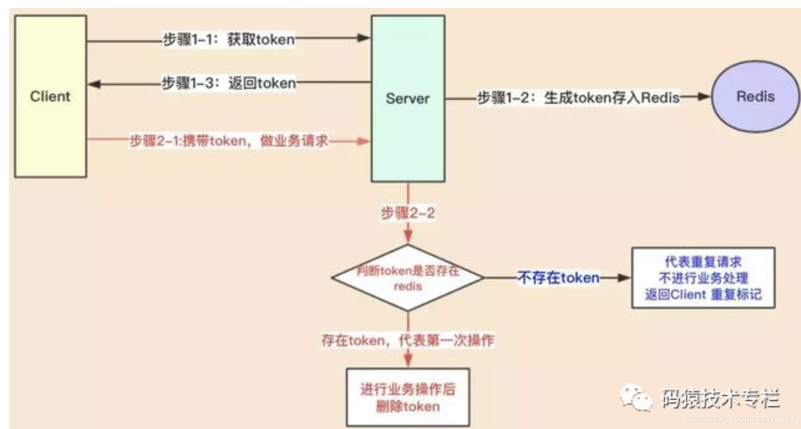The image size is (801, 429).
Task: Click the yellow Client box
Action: point(50,96)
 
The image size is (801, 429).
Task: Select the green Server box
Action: point(407,98)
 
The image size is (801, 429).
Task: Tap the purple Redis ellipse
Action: point(755,96)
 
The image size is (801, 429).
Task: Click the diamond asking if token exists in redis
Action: point(407,278)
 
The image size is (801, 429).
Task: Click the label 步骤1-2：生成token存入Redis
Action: point(578,97)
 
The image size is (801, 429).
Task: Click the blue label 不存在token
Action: point(558,278)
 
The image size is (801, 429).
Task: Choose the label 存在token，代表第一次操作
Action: point(407,341)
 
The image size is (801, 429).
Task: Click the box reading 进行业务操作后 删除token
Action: point(407,398)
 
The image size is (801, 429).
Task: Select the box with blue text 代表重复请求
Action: point(703,278)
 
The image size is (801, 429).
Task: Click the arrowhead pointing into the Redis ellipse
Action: point(704,97)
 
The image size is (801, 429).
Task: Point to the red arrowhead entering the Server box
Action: point(365,141)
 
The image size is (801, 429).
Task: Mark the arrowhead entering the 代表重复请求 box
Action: point(625,278)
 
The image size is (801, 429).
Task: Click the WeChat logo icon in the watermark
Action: point(636,396)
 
